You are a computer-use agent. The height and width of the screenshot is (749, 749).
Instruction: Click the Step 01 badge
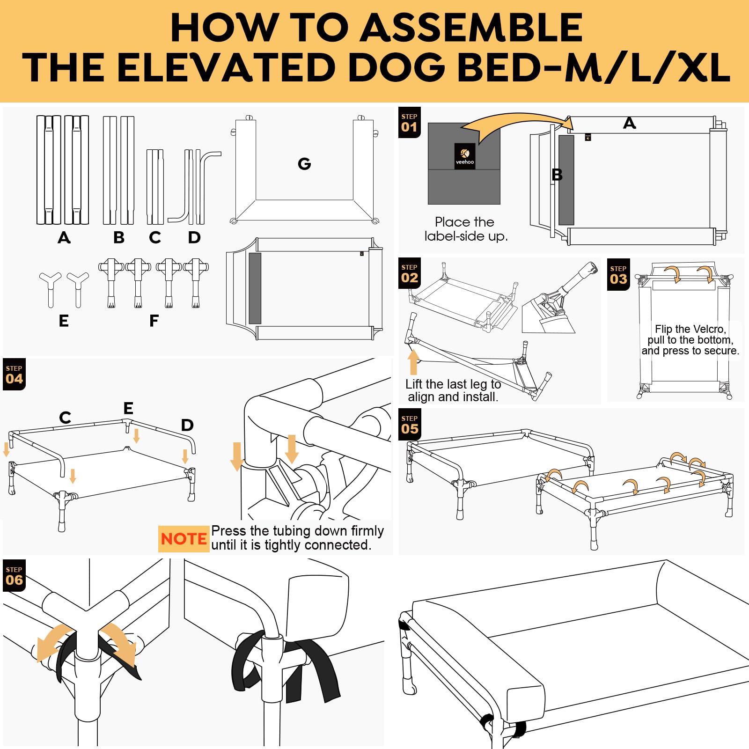pyautogui.click(x=409, y=123)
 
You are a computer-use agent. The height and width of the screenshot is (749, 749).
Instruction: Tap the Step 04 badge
pyautogui.click(x=14, y=374)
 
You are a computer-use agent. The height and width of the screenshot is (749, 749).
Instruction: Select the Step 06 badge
pyautogui.click(x=14, y=576)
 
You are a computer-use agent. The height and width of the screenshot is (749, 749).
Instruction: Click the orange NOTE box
pyautogui.click(x=184, y=539)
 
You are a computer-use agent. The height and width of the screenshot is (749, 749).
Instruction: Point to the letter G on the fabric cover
pyautogui.click(x=304, y=164)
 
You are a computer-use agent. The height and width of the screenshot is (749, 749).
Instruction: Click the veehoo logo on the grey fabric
pyautogui.click(x=465, y=156)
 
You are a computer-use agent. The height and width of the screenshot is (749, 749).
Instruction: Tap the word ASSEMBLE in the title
pyautogui.click(x=473, y=28)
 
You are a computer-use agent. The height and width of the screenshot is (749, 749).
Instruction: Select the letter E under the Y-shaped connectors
pyautogui.click(x=64, y=321)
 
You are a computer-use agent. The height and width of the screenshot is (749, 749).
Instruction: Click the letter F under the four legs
pyautogui.click(x=154, y=321)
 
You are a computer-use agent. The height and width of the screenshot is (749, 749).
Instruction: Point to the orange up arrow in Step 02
pyautogui.click(x=413, y=362)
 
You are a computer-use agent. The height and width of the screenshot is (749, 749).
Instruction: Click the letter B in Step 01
pyautogui.click(x=557, y=175)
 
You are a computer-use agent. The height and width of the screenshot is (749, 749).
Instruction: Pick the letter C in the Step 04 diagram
pyautogui.click(x=66, y=417)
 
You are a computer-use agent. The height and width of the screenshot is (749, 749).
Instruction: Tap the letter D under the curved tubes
pyautogui.click(x=194, y=238)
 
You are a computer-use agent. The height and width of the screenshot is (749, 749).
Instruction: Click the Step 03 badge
pyautogui.click(x=618, y=275)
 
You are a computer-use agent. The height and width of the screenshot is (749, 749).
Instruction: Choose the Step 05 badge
pyautogui.click(x=410, y=425)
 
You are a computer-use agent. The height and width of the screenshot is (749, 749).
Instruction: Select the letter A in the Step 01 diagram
pyautogui.click(x=630, y=123)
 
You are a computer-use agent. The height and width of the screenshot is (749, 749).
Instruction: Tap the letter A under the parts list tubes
pyautogui.click(x=64, y=238)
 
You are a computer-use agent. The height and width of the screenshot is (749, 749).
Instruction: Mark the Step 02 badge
pyautogui.click(x=410, y=273)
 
